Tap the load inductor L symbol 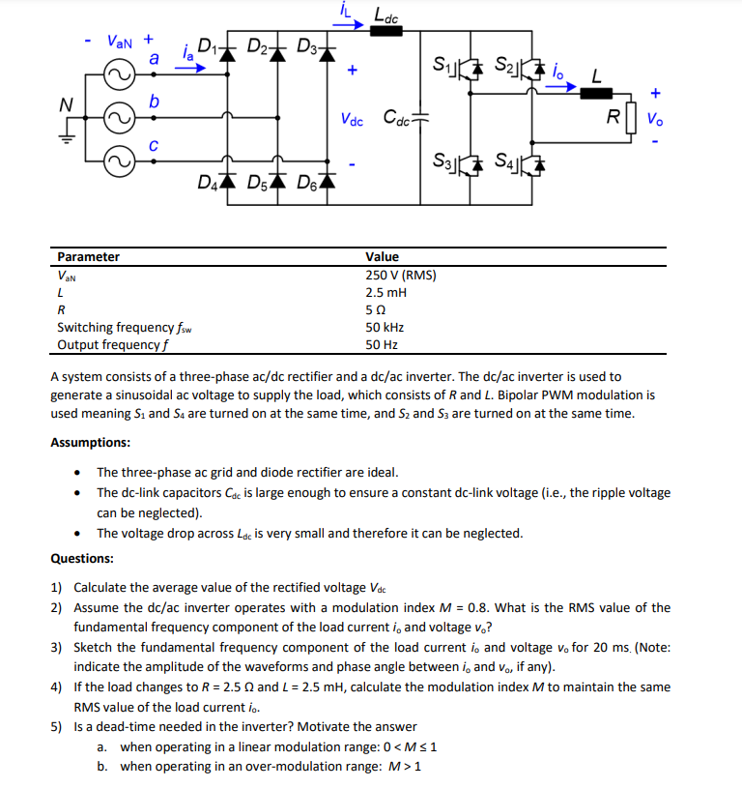pos(597,95)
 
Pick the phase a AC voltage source pos(122,75)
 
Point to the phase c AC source pos(122,161)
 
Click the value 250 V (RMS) pos(400,276)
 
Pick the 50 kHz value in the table pos(384,328)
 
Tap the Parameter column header pos(89,257)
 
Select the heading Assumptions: pos(91,443)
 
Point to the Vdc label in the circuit pos(352,121)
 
